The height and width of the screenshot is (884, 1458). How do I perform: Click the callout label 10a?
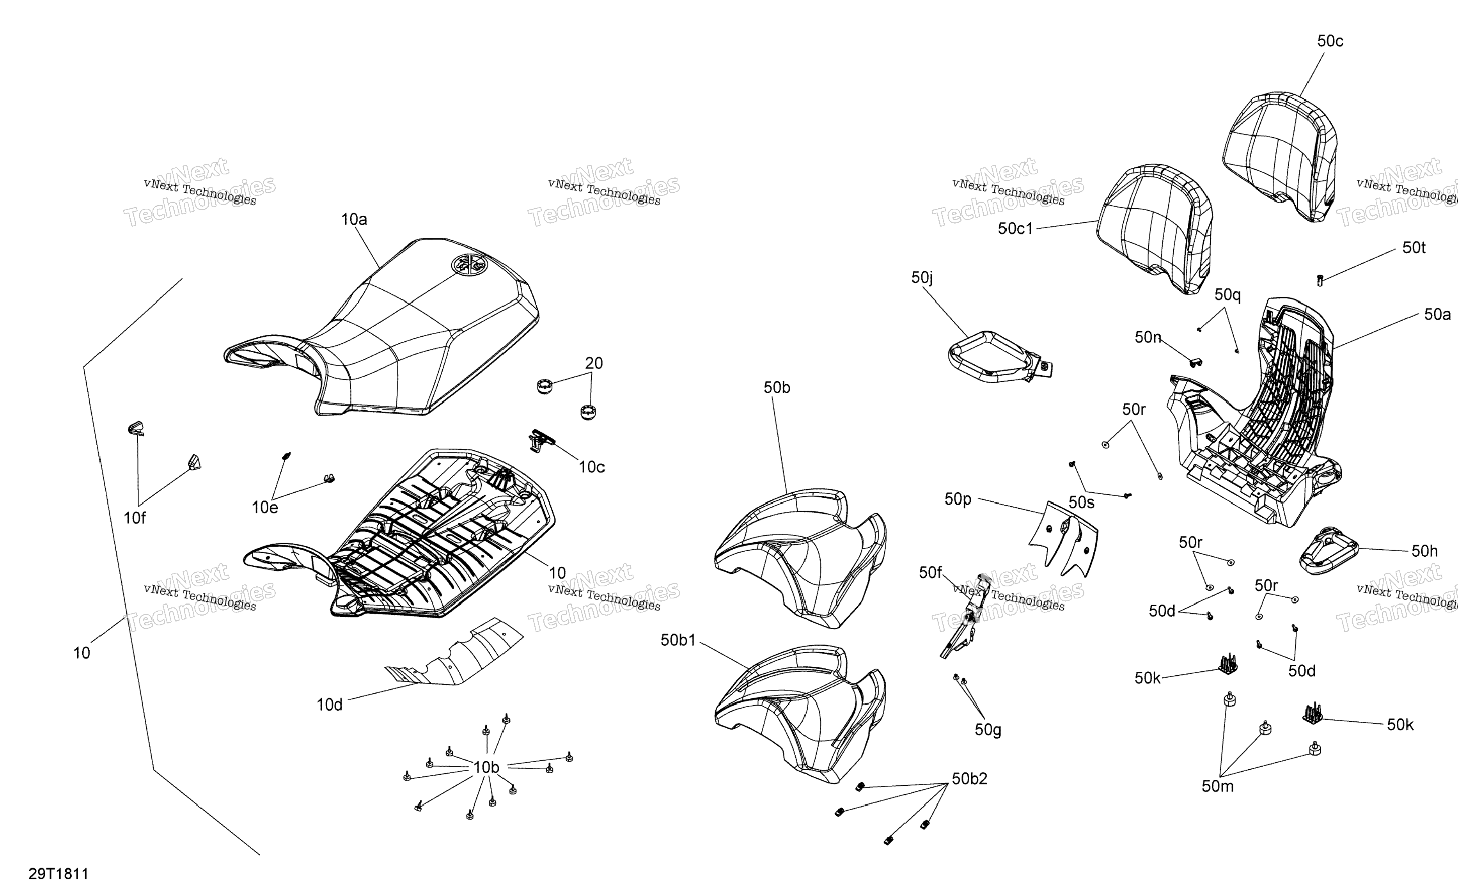point(354,220)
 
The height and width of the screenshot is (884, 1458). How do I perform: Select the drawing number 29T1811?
point(58,874)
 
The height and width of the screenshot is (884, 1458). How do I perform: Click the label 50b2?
point(969,779)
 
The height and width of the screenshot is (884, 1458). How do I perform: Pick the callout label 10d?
point(330,705)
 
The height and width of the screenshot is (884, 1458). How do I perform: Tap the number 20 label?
point(594,363)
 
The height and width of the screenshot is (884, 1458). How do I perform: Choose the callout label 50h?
point(1424,551)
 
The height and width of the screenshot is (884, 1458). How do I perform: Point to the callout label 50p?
point(958,499)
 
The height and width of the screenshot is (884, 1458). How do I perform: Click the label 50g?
point(988,730)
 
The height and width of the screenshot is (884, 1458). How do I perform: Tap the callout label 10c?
point(592,467)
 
